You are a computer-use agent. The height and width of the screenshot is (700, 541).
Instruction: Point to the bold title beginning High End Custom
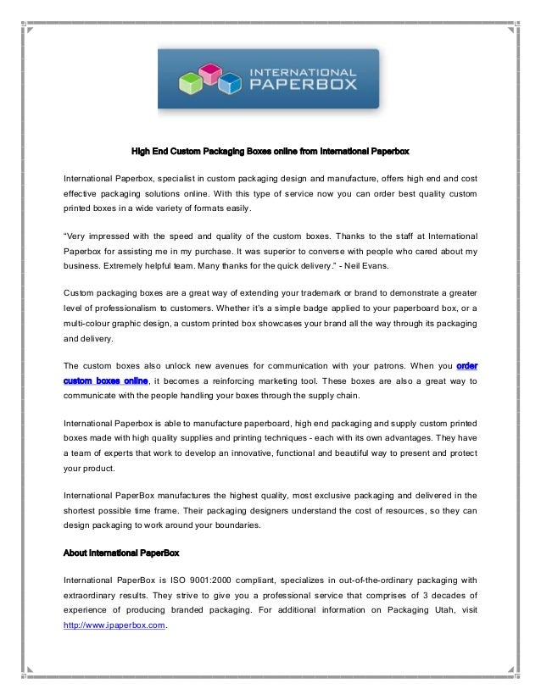coord(270,153)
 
